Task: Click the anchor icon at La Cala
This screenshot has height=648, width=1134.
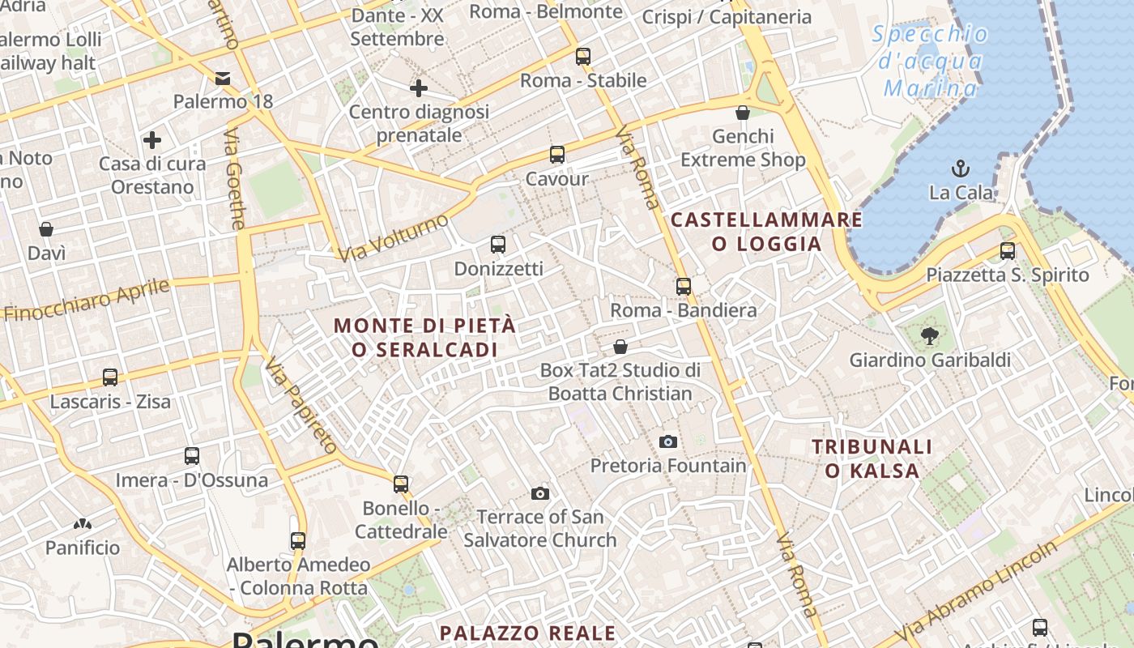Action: click(x=960, y=168)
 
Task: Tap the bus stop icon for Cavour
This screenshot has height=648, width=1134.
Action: click(x=556, y=154)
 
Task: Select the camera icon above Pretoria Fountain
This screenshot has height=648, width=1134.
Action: click(x=668, y=441)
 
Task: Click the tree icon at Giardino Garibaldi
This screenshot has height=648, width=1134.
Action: click(x=929, y=335)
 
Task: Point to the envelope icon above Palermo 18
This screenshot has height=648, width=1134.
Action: click(x=223, y=79)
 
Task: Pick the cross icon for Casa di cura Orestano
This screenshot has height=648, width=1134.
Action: click(x=152, y=140)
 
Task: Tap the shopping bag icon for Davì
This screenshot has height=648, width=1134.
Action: click(x=46, y=229)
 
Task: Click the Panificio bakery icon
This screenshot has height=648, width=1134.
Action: click(x=82, y=524)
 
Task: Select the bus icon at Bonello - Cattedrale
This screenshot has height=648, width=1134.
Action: click(x=401, y=484)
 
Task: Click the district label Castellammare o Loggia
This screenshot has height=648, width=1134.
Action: click(x=766, y=232)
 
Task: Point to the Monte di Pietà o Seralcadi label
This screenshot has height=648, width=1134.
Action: click(x=424, y=337)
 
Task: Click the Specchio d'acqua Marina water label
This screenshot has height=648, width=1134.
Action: click(x=931, y=62)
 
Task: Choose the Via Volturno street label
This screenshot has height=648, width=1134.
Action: click(x=393, y=238)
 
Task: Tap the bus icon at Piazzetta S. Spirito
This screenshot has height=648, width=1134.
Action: click(x=1008, y=251)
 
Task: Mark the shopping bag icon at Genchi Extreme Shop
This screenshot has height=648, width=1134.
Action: click(x=743, y=113)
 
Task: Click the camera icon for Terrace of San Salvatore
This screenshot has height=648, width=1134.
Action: click(x=540, y=493)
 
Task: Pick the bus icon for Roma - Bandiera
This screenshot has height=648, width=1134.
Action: click(x=684, y=286)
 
